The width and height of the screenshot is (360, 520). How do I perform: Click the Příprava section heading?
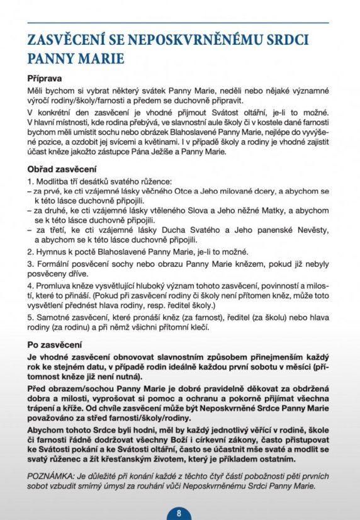click(x=44, y=80)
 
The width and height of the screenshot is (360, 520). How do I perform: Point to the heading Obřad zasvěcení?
click(x=62, y=169)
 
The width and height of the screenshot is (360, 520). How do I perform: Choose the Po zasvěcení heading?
click(x=54, y=346)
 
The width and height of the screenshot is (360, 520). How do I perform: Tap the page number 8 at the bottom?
click(x=179, y=512)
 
